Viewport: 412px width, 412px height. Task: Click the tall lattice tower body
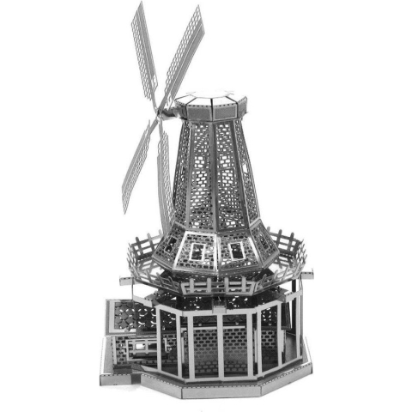(x=215, y=172)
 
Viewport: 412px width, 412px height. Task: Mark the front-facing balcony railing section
(x=215, y=284)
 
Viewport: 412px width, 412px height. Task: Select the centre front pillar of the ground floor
(x=219, y=343)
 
